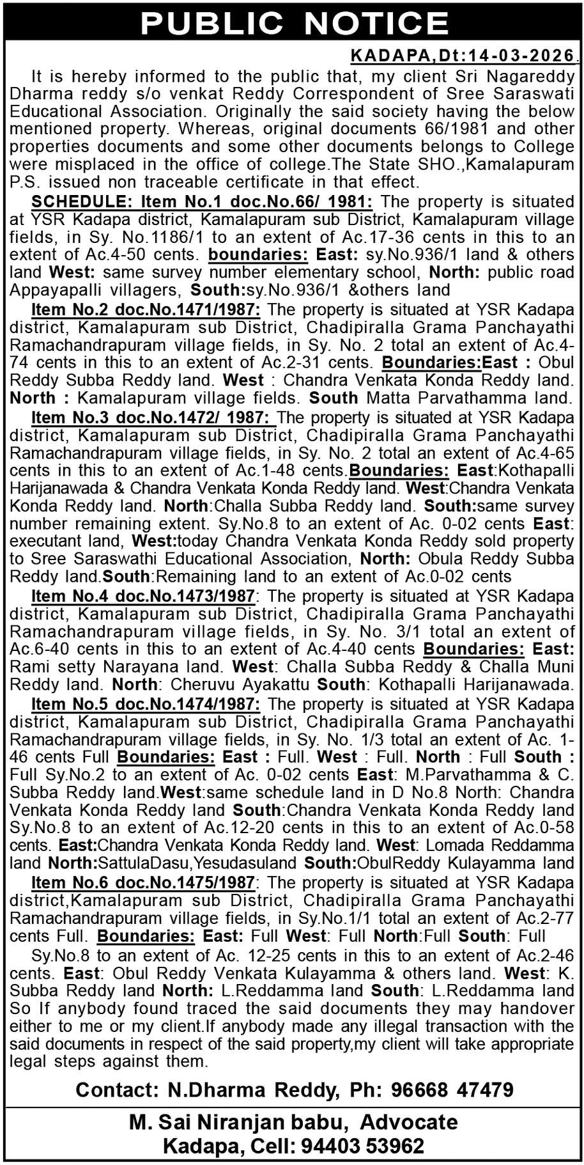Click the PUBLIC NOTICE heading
pos(293,22)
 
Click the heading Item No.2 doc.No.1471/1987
pos(146,310)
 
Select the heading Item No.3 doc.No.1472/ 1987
pos(153,418)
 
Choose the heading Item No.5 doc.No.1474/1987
pos(146,705)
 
